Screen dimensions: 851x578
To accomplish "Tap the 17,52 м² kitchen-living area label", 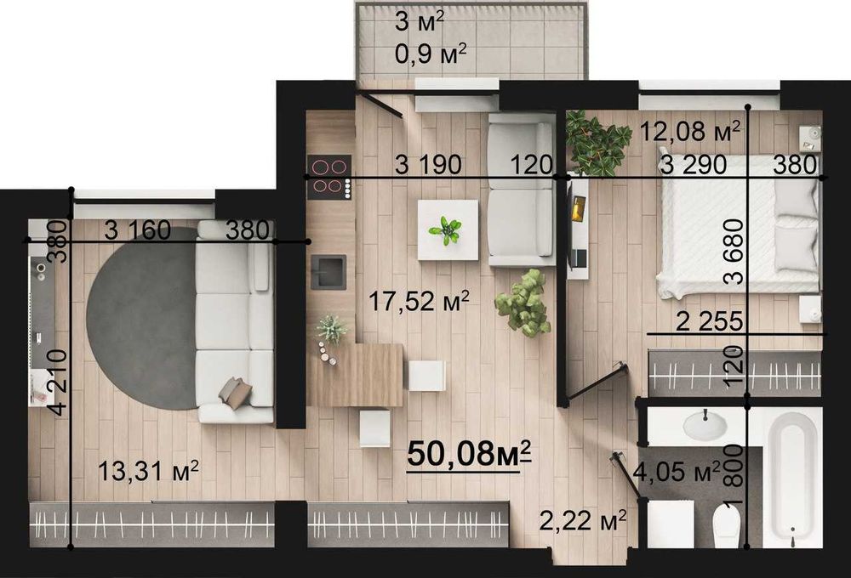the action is click(x=419, y=302).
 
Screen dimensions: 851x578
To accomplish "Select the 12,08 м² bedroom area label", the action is click(x=690, y=132).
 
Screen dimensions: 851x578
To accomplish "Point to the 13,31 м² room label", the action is click(x=148, y=470).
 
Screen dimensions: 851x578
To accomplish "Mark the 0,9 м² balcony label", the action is click(x=431, y=54).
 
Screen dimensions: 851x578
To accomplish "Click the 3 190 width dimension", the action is click(x=428, y=165).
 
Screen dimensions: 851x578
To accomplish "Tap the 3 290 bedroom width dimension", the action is click(x=694, y=165).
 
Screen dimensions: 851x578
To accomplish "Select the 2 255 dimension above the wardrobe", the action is click(x=709, y=322).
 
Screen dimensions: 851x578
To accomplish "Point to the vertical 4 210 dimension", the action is click(x=58, y=382).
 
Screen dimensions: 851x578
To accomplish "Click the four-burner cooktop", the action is click(x=328, y=177).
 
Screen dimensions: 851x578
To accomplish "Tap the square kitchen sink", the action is click(x=328, y=270).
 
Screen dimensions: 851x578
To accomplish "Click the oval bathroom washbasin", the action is click(x=705, y=424).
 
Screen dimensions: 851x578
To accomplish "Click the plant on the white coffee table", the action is click(x=446, y=229).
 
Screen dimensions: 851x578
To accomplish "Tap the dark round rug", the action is click(x=142, y=318).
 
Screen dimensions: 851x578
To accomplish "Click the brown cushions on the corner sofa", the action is click(x=235, y=392).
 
